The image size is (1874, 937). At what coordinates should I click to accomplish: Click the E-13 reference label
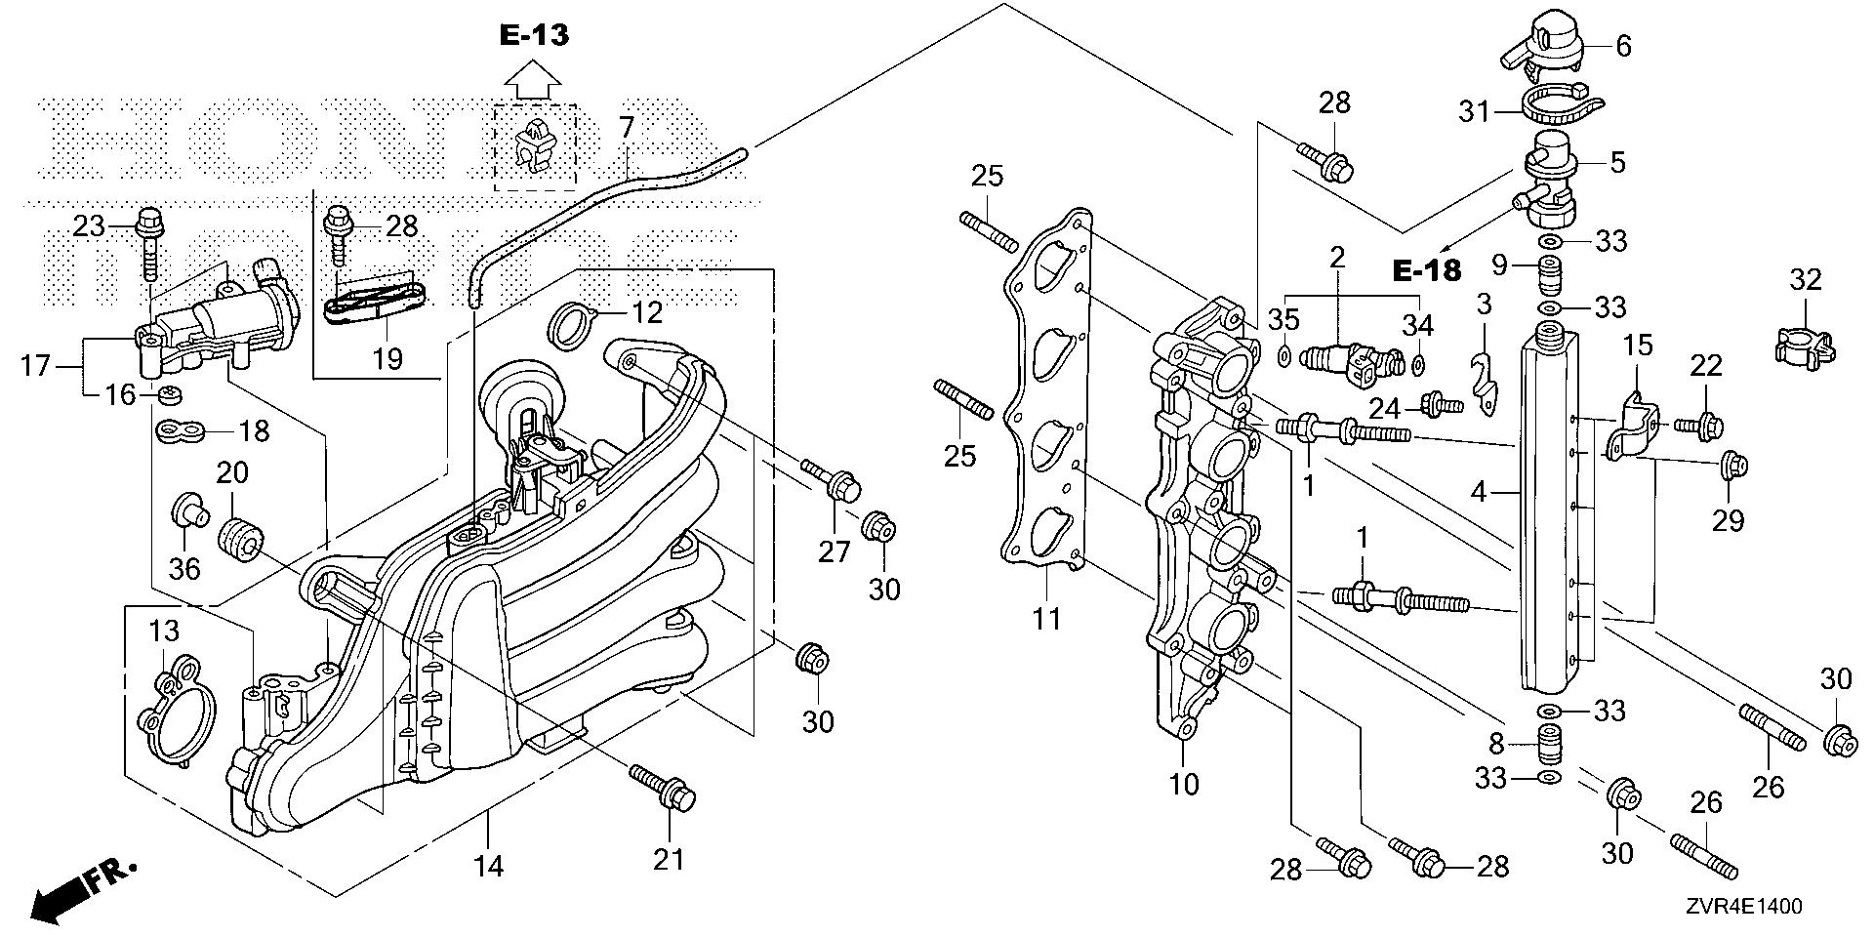click(x=534, y=36)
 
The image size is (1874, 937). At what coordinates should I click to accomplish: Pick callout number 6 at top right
click(x=1623, y=46)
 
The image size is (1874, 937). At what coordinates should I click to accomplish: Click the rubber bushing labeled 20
click(x=240, y=540)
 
